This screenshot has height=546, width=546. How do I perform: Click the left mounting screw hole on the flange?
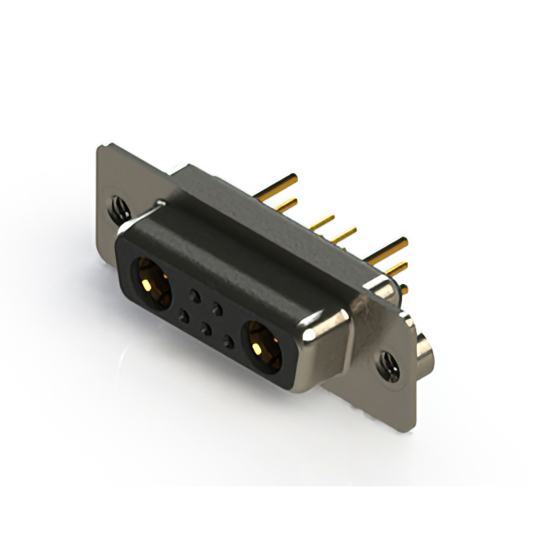coord(118,206)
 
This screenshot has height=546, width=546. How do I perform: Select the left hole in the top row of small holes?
coord(195,294)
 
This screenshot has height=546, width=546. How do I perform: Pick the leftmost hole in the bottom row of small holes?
coord(183,316)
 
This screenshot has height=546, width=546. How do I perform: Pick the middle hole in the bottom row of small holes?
coord(205,328)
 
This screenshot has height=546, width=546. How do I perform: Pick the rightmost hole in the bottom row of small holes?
coord(227,341)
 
